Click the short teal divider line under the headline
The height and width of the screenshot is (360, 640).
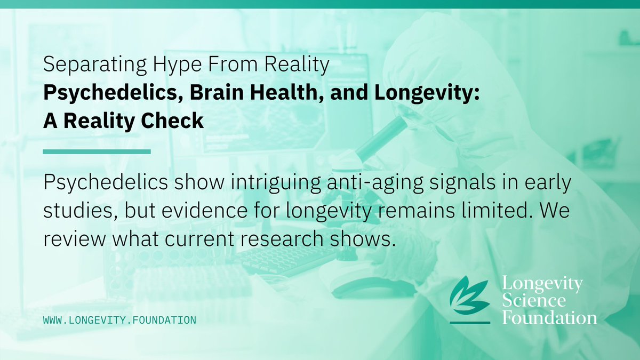[x=97, y=151]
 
